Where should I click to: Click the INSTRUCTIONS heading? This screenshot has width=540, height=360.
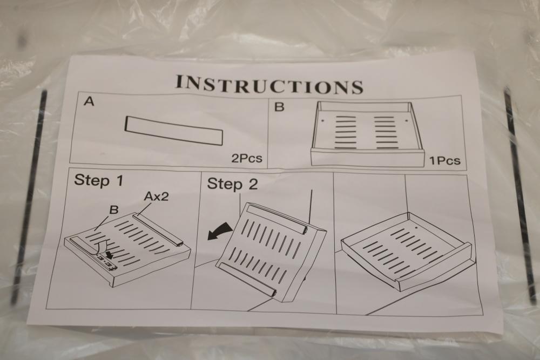[x=269, y=84]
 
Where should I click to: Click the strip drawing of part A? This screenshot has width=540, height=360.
[x=174, y=130]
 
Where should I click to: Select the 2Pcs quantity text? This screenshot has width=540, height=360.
[x=247, y=158]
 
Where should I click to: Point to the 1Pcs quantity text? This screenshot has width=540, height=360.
[x=444, y=160]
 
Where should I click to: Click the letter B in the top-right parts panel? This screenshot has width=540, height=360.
[x=279, y=107]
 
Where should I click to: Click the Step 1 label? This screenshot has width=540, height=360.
[x=98, y=180]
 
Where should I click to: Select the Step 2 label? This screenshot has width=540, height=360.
[x=232, y=184]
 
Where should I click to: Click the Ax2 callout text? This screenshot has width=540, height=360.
[x=157, y=196]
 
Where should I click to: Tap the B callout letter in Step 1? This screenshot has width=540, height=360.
[x=113, y=209]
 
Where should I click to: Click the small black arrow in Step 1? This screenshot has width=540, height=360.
[x=110, y=254]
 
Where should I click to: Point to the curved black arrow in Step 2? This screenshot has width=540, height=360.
[x=220, y=230]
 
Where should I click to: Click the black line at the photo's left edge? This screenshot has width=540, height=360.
[x=30, y=196]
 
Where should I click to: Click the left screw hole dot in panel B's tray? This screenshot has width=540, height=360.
[x=323, y=121]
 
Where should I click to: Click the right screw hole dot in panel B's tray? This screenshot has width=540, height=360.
[x=407, y=120]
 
